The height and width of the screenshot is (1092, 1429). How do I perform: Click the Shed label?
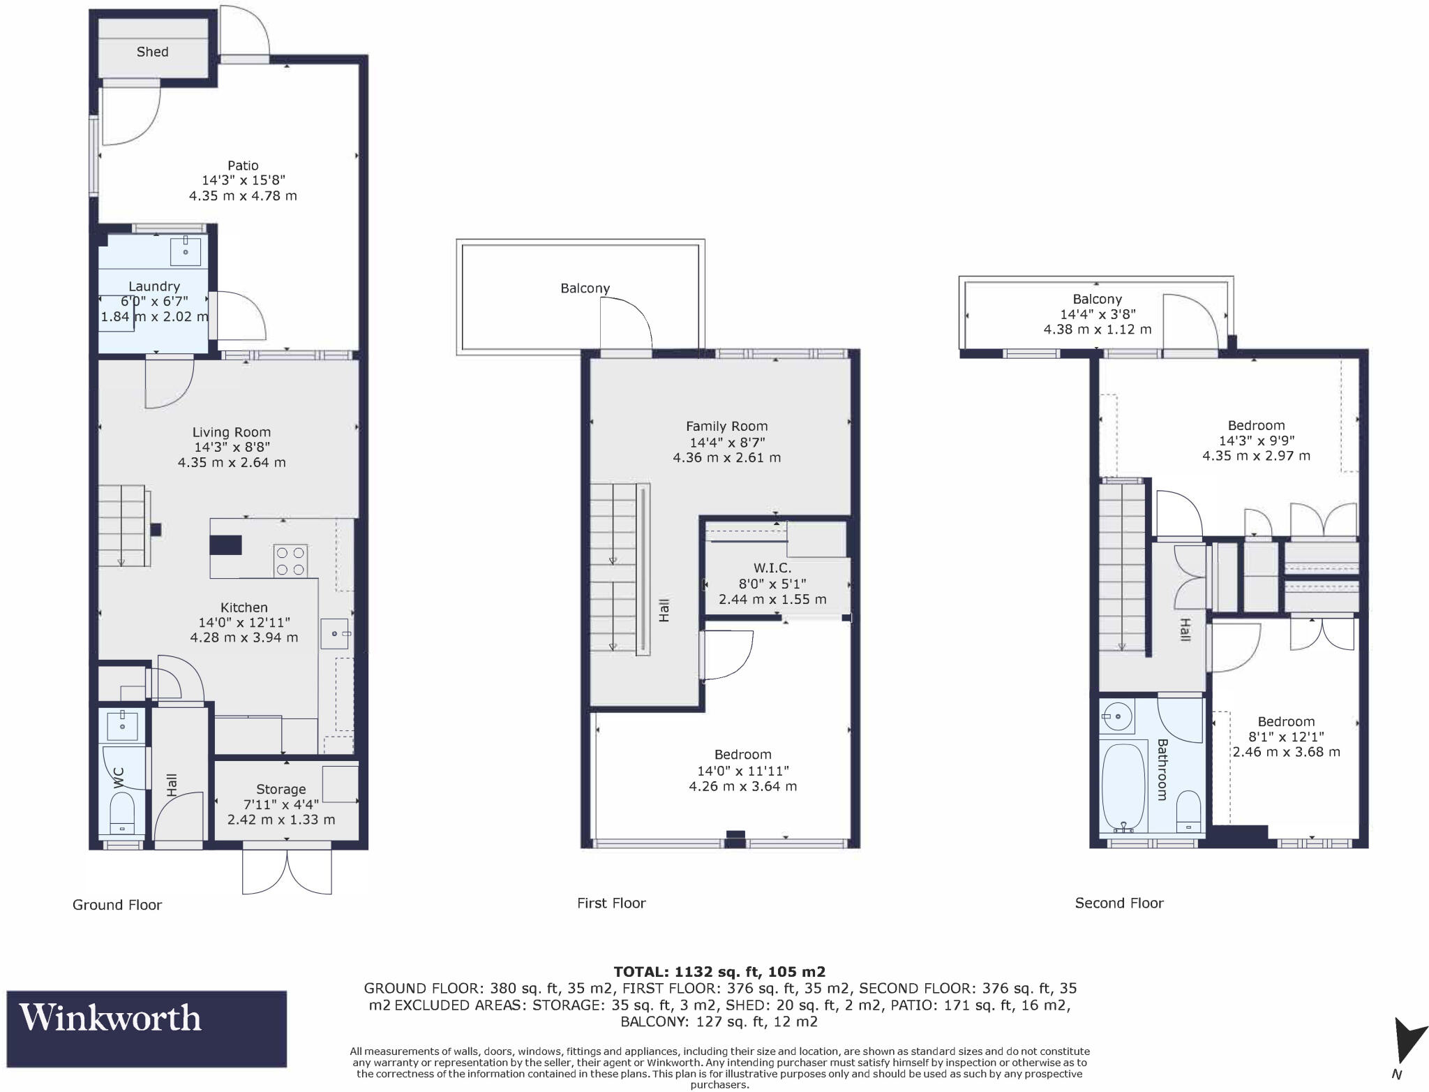point(152,52)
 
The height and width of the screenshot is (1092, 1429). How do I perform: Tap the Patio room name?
point(243,165)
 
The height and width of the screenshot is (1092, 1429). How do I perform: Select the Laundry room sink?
point(186,251)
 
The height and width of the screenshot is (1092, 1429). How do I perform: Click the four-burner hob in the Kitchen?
point(290,561)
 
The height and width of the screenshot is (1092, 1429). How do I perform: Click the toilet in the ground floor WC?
point(123,817)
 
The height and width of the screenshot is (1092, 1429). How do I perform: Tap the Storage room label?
point(280,789)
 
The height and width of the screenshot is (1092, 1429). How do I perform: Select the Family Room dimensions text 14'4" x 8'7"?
point(726,442)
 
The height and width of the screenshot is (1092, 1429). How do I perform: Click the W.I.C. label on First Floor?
point(772,568)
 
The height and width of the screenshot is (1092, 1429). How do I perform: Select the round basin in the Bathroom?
point(1116,716)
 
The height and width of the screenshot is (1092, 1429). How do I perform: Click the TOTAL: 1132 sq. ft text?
point(719,971)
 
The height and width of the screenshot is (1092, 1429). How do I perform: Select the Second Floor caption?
point(1118,903)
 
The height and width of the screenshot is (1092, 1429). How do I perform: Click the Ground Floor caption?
point(117,905)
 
